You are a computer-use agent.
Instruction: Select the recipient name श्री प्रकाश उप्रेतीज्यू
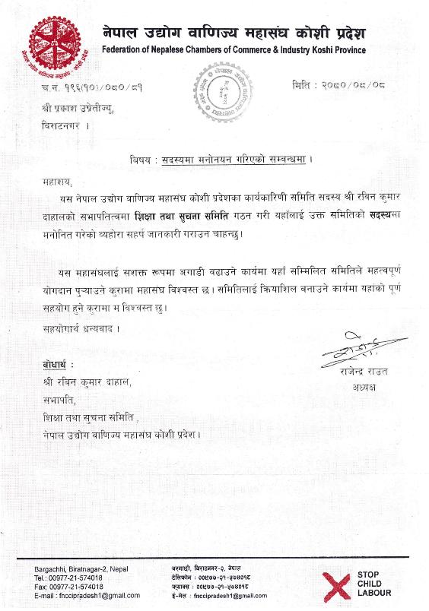click(x=84, y=111)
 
